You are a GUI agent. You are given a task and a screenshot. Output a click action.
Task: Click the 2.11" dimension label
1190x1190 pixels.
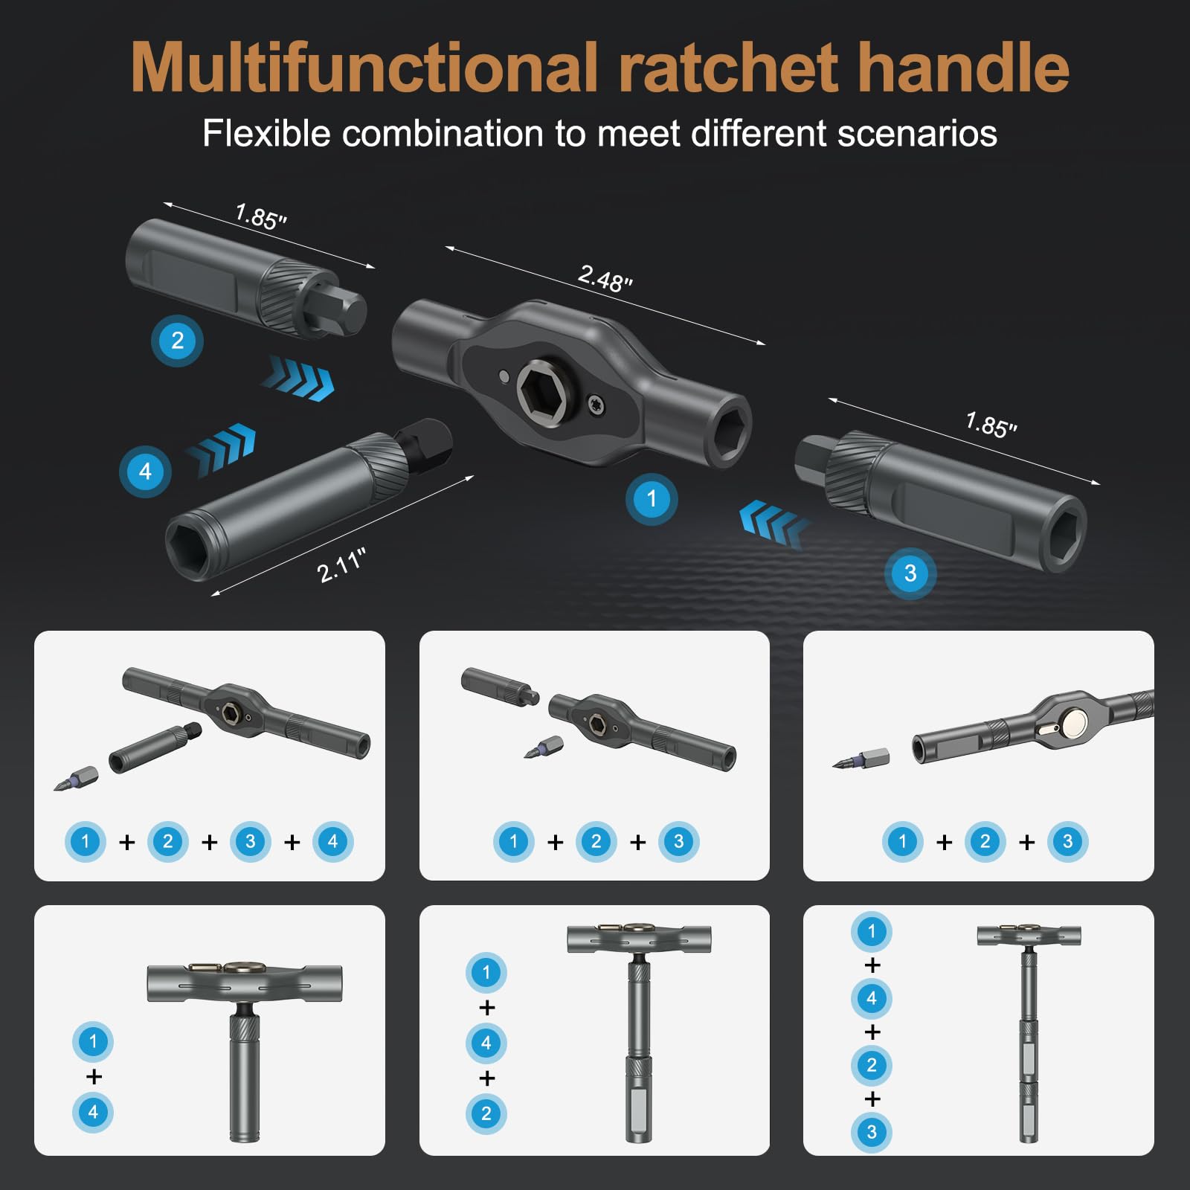341,565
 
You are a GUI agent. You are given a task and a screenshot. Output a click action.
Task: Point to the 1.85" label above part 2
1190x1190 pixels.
260,216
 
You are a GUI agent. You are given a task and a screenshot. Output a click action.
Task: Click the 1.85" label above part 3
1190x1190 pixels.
991,425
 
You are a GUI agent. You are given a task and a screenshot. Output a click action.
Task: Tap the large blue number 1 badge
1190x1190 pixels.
652,499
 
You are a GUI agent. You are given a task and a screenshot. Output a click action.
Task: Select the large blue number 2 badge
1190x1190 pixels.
177,341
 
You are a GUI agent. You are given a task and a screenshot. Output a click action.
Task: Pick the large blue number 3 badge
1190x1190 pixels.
910,573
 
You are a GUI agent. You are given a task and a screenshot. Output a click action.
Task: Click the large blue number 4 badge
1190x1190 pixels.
145,472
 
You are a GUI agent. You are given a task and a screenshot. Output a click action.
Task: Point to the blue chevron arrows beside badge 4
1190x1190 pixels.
222,448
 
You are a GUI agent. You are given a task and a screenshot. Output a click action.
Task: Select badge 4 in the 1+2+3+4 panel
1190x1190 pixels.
332,842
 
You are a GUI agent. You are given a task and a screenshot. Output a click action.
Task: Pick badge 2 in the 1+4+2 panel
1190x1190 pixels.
486,1113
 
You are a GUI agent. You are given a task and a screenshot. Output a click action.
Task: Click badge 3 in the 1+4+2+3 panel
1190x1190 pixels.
872,1132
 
